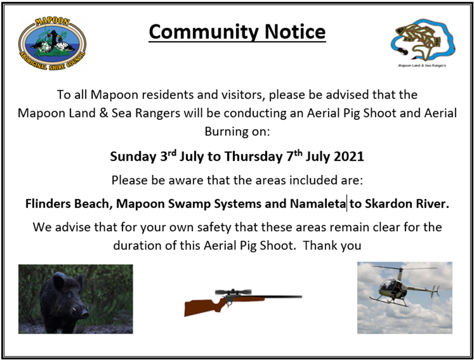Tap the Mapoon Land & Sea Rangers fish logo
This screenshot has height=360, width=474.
click(x=422, y=41)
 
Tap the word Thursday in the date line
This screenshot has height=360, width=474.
click(x=253, y=156)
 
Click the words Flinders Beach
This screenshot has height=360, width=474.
click(x=68, y=204)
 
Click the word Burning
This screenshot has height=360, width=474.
click(x=224, y=131)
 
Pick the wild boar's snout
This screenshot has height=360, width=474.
click(x=84, y=313)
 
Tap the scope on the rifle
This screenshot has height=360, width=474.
click(x=233, y=292)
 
